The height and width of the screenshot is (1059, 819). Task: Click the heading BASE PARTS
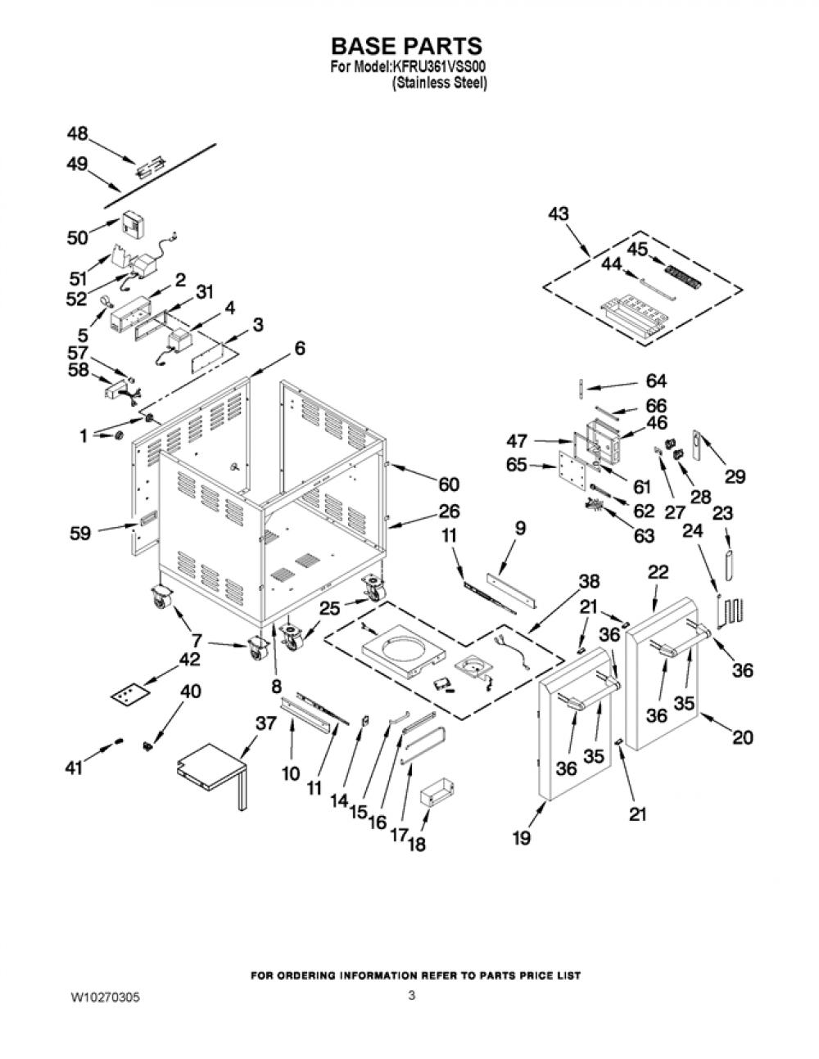pyautogui.click(x=406, y=47)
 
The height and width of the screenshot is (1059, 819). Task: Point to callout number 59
pyautogui.click(x=80, y=533)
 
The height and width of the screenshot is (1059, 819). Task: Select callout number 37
pyautogui.click(x=266, y=723)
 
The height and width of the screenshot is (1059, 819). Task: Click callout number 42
pyautogui.click(x=188, y=660)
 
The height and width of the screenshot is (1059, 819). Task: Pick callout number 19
pyautogui.click(x=521, y=838)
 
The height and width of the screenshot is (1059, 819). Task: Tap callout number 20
pyautogui.click(x=743, y=737)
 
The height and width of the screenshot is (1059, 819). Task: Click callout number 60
pyautogui.click(x=449, y=484)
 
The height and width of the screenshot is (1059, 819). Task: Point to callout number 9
pyautogui.click(x=520, y=529)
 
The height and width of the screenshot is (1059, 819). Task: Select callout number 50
pyautogui.click(x=78, y=238)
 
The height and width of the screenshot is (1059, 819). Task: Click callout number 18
pyautogui.click(x=416, y=844)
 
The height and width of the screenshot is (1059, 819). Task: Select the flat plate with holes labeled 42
pyautogui.click(x=129, y=694)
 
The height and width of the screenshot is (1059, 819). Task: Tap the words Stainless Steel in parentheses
pyautogui.click(x=440, y=83)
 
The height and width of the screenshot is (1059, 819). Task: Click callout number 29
pyautogui.click(x=735, y=476)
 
